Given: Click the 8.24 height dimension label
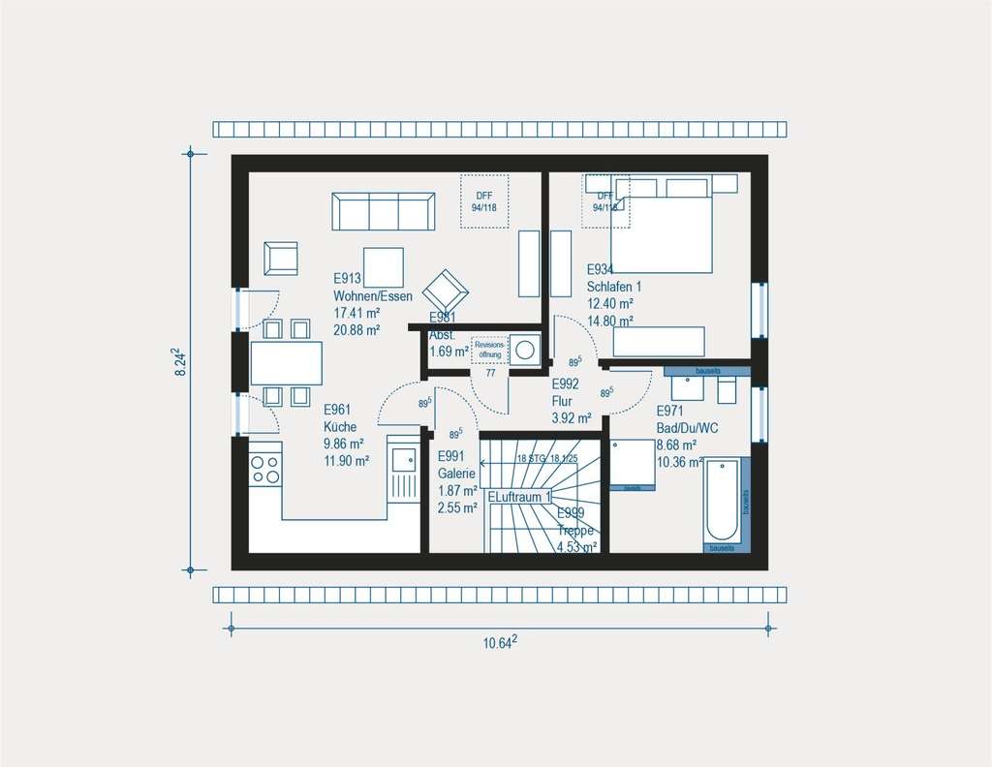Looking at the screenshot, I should [x=181, y=363].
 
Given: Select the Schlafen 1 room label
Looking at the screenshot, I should [x=613, y=287].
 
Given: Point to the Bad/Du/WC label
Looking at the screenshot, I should [x=686, y=427].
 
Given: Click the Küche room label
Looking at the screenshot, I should [x=340, y=426].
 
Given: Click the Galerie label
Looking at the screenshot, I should [x=456, y=474].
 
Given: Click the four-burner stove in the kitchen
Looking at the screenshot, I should [x=265, y=469].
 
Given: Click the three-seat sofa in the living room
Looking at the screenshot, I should [x=383, y=211].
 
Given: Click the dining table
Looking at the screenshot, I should [x=286, y=363].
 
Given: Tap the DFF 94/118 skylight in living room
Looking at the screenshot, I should [x=484, y=200].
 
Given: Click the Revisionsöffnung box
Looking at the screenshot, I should [x=490, y=350].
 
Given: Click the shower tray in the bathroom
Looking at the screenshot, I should [x=634, y=463].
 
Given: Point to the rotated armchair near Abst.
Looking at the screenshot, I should [x=446, y=290].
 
